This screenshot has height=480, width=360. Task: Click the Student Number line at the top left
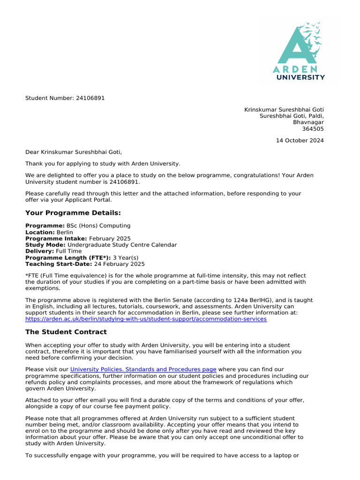pyautogui.click(x=65, y=98)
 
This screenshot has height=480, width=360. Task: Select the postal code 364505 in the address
pyautogui.click(x=313, y=129)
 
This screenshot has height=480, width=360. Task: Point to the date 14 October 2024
pyautogui.click(x=300, y=141)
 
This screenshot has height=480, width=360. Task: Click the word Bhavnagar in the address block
pyautogui.click(x=308, y=122)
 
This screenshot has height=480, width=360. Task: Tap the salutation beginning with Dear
pyautogui.click(x=73, y=152)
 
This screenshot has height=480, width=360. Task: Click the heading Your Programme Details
pyautogui.click(x=73, y=213)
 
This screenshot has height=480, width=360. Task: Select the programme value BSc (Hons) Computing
pyautogui.click(x=98, y=225)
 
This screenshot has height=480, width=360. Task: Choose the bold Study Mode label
pyautogui.click(x=45, y=245)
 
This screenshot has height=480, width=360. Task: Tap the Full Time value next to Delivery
pyautogui.click(x=68, y=251)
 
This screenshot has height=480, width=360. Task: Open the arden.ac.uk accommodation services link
pyautogui.click(x=146, y=319)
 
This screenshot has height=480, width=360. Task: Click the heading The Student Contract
pyautogui.click(x=66, y=332)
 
